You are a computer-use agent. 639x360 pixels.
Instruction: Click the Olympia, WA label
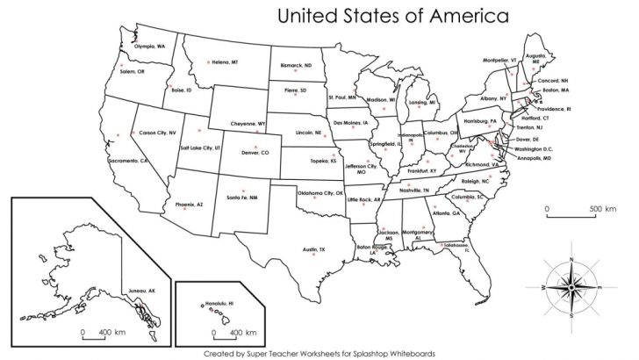(148, 46)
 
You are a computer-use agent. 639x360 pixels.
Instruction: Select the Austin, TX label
(314, 250)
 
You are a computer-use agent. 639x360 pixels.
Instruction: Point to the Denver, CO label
(255, 153)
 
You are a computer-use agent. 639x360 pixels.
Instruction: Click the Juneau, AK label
(140, 290)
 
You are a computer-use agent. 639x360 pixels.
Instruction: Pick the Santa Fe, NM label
(242, 198)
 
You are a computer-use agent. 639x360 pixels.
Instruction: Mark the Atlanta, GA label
(445, 213)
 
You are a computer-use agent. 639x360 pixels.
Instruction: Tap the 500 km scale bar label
(603, 209)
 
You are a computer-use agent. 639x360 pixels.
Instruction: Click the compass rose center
(572, 286)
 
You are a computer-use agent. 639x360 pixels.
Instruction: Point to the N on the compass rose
(572, 259)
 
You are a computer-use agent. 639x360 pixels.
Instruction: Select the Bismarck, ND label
(296, 66)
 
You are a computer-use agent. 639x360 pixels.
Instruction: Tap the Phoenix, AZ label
(189, 205)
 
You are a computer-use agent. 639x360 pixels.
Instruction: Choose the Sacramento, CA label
(128, 162)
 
